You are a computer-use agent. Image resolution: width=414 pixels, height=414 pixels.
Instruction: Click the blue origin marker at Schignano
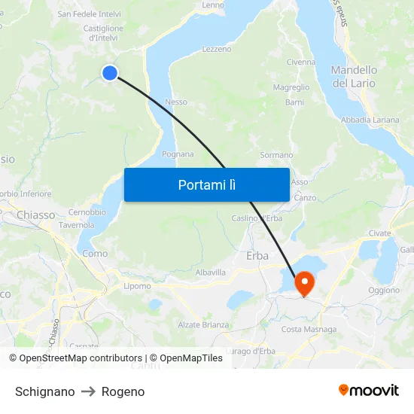[110, 72]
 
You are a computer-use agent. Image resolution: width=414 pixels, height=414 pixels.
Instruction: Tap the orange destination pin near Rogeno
[305, 283]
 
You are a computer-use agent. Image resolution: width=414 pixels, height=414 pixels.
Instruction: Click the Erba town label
[257, 256]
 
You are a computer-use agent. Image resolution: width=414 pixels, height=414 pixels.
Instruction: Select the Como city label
[95, 254]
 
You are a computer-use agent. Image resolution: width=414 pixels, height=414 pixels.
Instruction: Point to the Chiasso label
[35, 215]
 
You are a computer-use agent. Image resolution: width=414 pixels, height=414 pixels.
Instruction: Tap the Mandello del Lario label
[355, 76]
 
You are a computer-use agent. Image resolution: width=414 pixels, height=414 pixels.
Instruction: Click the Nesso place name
[176, 102]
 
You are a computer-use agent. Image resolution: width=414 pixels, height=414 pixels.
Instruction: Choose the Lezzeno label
[217, 49]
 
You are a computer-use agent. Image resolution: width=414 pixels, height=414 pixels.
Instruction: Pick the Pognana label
[178, 154]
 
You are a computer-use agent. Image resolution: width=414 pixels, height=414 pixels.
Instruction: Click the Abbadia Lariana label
[370, 120]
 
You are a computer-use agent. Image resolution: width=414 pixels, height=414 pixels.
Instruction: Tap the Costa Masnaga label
[309, 329]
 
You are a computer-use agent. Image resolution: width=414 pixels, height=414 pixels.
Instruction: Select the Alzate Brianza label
[203, 324]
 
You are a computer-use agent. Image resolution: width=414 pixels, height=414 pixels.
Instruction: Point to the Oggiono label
[384, 290]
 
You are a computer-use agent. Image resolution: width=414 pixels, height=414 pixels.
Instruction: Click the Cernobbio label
[87, 212]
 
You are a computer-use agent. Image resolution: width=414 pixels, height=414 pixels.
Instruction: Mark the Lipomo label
[137, 286]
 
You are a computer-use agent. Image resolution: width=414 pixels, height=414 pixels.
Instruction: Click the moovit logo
[369, 391]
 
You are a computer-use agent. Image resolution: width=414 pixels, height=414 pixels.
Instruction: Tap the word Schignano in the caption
[44, 391]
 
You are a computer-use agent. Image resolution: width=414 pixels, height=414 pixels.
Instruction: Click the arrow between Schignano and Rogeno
[88, 391]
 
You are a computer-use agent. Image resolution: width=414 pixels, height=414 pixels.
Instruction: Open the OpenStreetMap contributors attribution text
[81, 358]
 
